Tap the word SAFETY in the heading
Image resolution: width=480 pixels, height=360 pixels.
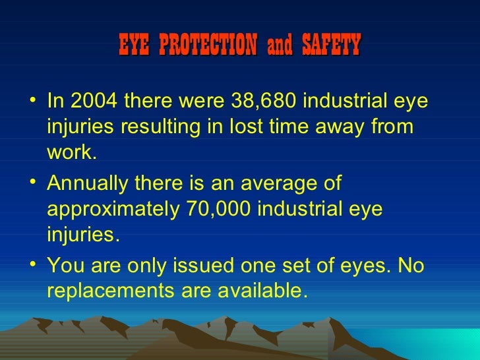331,45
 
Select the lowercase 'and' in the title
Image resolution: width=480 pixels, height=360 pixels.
280,46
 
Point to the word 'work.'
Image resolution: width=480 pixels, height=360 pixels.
72,154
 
